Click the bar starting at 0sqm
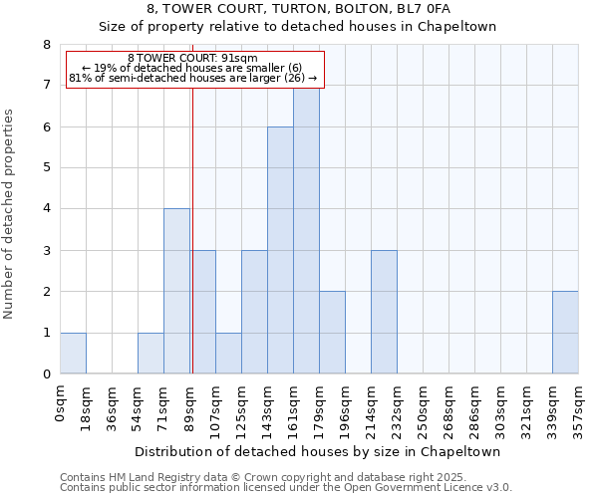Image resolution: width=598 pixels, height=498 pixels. coord(73,354)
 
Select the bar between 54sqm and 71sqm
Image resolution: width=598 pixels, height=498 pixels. coord(150,354)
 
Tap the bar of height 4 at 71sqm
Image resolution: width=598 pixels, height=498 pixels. coord(176,291)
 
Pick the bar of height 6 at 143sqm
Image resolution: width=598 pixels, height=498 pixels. coord(280,250)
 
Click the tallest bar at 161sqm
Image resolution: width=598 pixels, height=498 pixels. coord(306,231)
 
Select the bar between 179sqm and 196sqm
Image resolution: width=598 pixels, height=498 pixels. coord(332,333)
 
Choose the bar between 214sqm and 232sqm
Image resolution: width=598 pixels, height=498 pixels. coord(384,312)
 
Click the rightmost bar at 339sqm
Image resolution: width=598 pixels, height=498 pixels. coord(565,333)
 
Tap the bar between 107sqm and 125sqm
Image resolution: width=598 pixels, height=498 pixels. coord(228,354)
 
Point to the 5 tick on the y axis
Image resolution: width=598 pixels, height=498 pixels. coord(46,167)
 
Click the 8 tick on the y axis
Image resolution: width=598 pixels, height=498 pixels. coord(46,45)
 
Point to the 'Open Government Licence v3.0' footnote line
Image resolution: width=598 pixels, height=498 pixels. coord(286,488)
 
